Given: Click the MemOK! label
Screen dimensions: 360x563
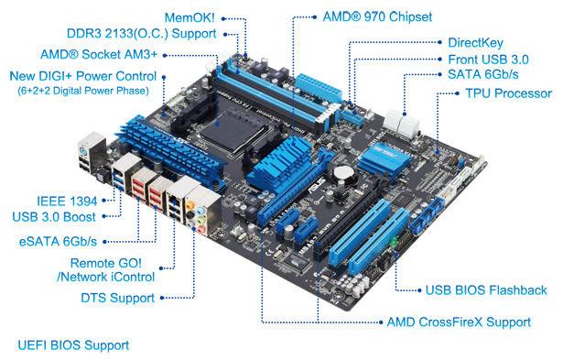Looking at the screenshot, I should click(x=190, y=17).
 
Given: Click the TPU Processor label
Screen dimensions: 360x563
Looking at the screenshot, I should click(x=508, y=93).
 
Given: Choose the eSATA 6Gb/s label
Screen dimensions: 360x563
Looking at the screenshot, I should click(x=59, y=242).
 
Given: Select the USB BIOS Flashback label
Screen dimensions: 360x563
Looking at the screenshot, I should click(x=486, y=290).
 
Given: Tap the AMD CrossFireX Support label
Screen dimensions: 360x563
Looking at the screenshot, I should click(x=458, y=322).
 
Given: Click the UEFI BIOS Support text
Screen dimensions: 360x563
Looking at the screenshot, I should click(x=73, y=346).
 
